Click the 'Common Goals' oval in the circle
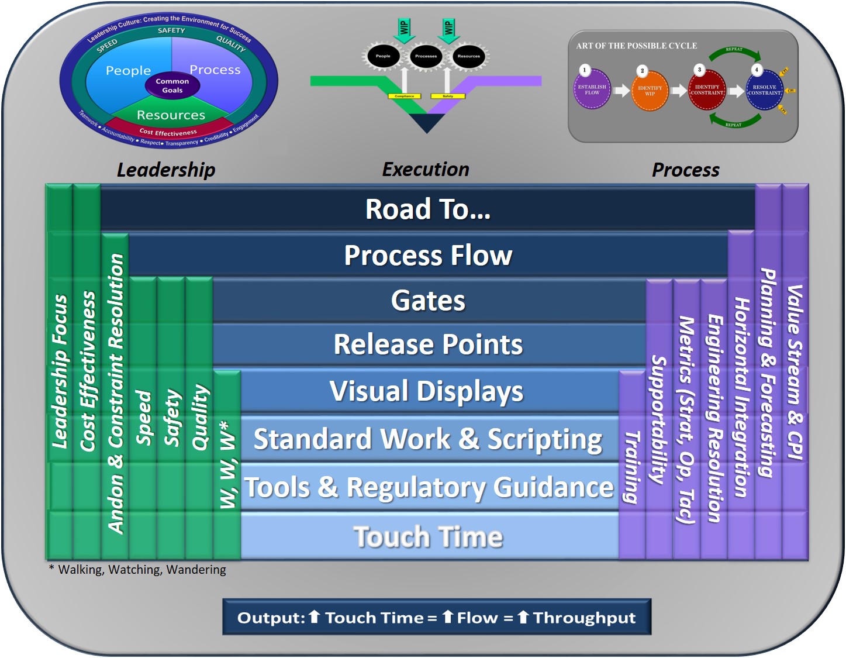click(x=172, y=86)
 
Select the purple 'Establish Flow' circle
click(x=592, y=90)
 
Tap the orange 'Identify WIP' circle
click(x=650, y=91)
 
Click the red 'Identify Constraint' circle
click(x=707, y=90)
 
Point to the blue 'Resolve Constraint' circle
click(x=764, y=90)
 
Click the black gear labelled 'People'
click(x=383, y=56)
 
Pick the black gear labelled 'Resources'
click(x=469, y=56)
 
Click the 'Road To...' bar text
click(x=428, y=209)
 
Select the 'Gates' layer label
click(x=429, y=301)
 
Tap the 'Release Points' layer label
click(x=429, y=344)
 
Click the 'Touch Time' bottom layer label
click(x=429, y=537)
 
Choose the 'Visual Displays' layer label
click(x=427, y=391)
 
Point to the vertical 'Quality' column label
click(x=200, y=416)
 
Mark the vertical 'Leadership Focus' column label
click(x=60, y=371)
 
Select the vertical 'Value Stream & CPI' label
click(x=795, y=372)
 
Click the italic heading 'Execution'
click(x=426, y=170)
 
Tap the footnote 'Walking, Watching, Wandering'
click(x=141, y=570)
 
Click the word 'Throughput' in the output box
click(x=584, y=618)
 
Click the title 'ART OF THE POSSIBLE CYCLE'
click(x=636, y=46)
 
